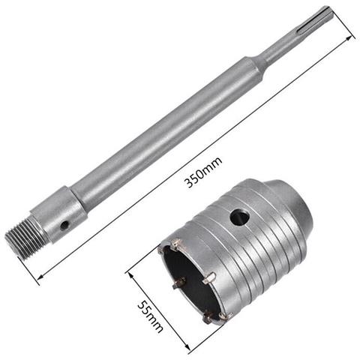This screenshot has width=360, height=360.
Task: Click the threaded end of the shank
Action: point(19,237)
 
